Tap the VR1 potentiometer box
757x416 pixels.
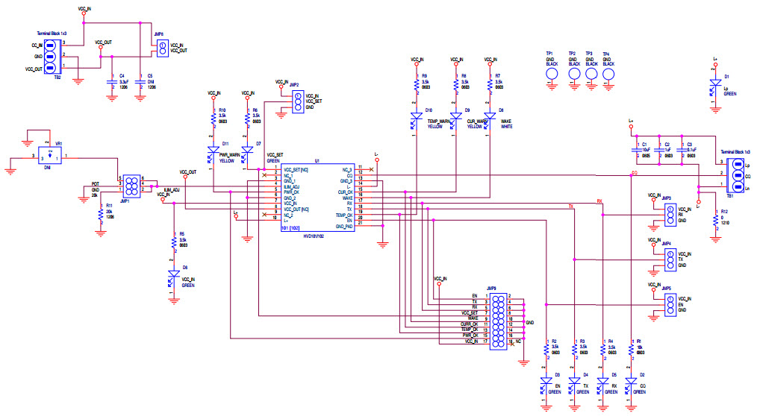point(50,157)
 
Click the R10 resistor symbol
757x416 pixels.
point(214,119)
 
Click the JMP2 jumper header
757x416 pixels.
point(297,102)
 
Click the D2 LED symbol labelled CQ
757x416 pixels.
point(631,383)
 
